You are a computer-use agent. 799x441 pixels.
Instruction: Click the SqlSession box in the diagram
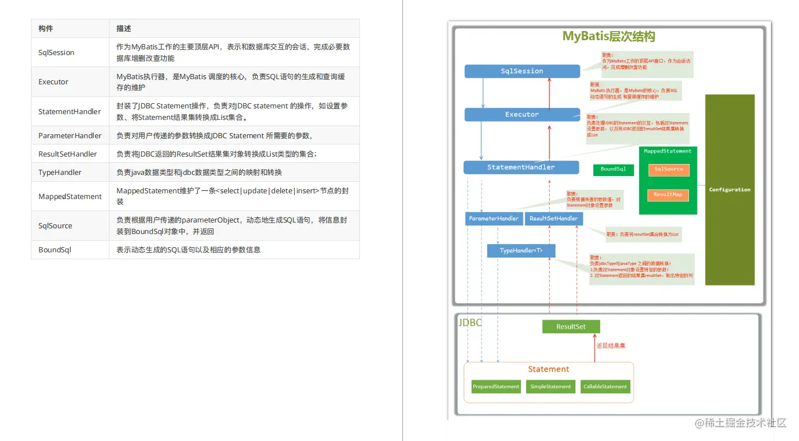coord(522,71)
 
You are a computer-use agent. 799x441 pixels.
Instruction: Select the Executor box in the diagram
coord(522,115)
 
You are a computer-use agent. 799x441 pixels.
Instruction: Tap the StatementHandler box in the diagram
coord(521,167)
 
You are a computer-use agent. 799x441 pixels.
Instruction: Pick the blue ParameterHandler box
coord(493,218)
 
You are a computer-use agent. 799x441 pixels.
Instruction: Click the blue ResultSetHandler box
coord(554,218)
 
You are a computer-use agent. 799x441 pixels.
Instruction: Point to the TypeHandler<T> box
coord(521,251)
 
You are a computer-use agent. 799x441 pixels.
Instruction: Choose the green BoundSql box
coord(613,169)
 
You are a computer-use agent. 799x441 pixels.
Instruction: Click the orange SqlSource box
coord(668,169)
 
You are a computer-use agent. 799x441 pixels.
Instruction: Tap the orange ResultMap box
coord(668,194)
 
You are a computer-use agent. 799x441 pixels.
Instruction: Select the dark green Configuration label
coord(729,190)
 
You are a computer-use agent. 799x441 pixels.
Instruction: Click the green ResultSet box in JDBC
coord(571,327)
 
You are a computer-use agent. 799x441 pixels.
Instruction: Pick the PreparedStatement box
coord(496,387)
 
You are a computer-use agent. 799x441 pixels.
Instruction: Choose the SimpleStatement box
coord(550,387)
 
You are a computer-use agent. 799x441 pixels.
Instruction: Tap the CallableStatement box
coord(605,387)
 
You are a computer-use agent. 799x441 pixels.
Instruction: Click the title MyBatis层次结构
coord(608,37)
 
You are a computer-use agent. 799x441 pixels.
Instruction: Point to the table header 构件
coord(46,29)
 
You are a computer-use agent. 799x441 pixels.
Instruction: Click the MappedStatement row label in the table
coord(70,197)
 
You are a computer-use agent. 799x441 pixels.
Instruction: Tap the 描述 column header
coord(124,29)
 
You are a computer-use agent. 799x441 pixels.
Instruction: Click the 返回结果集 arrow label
coord(611,346)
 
